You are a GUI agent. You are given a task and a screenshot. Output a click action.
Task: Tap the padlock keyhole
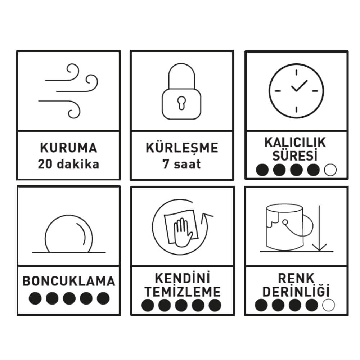pos(181,103)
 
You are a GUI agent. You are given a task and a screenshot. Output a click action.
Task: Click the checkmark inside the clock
pos(299,86)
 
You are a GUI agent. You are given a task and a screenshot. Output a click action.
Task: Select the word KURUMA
pos(69,148)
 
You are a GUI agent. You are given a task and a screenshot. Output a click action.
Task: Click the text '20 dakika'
pos(69,164)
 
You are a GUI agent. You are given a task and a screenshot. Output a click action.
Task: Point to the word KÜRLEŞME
pos(182,148)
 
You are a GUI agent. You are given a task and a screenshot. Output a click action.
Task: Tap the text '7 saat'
pos(181,164)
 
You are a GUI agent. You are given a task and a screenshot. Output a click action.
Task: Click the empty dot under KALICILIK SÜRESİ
pos(330,170)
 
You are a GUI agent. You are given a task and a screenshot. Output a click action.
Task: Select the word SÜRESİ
pos(295,155)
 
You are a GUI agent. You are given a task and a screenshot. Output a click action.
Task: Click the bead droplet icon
pos(69,234)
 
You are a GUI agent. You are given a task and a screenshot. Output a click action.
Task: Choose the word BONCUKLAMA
pos(69,281)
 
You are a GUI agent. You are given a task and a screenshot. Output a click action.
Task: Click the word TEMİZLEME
pos(183,292)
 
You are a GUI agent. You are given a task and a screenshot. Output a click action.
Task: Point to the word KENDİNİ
pos(183,278)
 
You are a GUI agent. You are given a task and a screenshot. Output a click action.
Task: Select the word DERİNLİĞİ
pos(296,291)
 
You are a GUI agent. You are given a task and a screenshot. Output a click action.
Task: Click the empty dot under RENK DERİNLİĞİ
pos(329,305)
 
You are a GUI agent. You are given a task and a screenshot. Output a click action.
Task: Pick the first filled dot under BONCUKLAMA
pos(35,298)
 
